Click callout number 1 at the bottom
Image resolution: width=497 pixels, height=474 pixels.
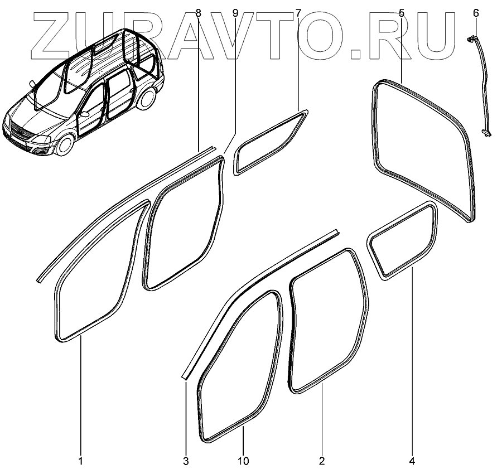click(x=80, y=461)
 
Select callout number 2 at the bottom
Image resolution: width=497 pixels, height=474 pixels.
click(x=322, y=461)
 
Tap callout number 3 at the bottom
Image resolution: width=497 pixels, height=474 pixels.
click(x=186, y=461)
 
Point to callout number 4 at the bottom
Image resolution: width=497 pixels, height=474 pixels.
click(x=413, y=461)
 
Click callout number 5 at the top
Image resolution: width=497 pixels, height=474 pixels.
click(x=402, y=12)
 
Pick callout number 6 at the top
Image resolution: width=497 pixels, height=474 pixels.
click(x=475, y=12)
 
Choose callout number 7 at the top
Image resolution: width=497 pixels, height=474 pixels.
click(x=298, y=12)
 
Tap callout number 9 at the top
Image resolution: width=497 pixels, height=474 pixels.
click(x=235, y=12)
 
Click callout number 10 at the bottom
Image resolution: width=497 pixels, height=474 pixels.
click(x=243, y=461)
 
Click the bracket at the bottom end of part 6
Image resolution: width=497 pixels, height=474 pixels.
click(x=486, y=132)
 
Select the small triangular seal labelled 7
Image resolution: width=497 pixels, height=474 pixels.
click(x=269, y=143)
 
